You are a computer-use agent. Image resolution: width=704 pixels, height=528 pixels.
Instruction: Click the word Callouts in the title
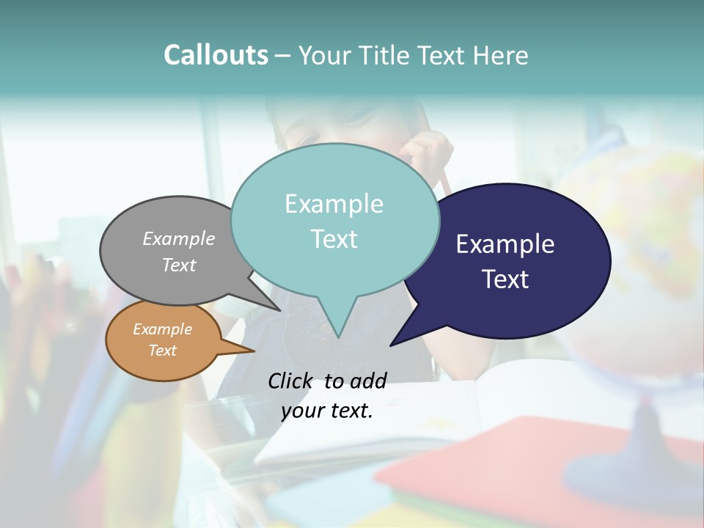click(x=216, y=55)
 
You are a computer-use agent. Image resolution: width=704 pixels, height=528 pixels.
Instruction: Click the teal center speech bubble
click(x=334, y=220)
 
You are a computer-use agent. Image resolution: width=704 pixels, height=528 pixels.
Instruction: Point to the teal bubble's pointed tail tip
click(x=338, y=337)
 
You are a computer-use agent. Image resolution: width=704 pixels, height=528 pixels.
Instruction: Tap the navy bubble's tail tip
click(x=392, y=345)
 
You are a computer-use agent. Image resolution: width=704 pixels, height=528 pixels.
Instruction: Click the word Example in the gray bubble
click(x=179, y=238)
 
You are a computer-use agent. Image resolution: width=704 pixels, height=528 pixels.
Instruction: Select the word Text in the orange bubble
click(x=163, y=351)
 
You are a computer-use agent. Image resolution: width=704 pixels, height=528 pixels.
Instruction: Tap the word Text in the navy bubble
click(x=505, y=279)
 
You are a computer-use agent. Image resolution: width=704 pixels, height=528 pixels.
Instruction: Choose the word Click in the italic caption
click(x=290, y=380)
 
